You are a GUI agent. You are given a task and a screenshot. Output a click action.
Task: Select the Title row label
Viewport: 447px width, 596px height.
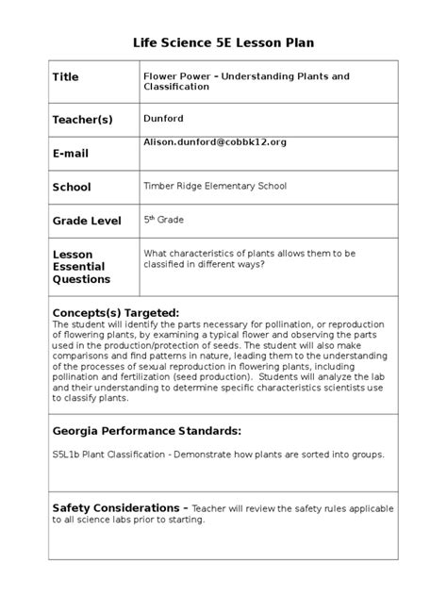pyautogui.click(x=66, y=77)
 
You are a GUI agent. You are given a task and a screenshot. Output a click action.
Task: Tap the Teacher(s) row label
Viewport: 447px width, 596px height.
pyautogui.click(x=83, y=120)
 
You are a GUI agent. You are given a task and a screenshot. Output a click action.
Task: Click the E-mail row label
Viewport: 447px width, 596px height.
pyautogui.click(x=71, y=155)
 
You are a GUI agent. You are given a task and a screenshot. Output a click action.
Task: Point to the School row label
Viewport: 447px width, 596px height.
pyautogui.click(x=72, y=188)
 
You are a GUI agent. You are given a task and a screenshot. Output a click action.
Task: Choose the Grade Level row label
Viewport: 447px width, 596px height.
pyautogui.click(x=87, y=221)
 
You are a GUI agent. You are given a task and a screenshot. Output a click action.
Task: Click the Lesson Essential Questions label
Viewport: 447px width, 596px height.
pyautogui.click(x=81, y=267)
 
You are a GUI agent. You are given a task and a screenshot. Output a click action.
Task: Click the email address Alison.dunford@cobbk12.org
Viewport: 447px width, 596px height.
pyautogui.click(x=214, y=141)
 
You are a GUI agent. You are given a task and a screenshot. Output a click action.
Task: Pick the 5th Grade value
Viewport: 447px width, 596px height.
pyautogui.click(x=163, y=220)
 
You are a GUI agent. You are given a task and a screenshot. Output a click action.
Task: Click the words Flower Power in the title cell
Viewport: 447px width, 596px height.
pyautogui.click(x=174, y=74)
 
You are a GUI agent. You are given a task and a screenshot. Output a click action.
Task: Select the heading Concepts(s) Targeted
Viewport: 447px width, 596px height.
pyautogui.click(x=115, y=312)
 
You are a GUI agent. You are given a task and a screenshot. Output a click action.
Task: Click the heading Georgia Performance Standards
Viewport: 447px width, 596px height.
pyautogui.click(x=147, y=431)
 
